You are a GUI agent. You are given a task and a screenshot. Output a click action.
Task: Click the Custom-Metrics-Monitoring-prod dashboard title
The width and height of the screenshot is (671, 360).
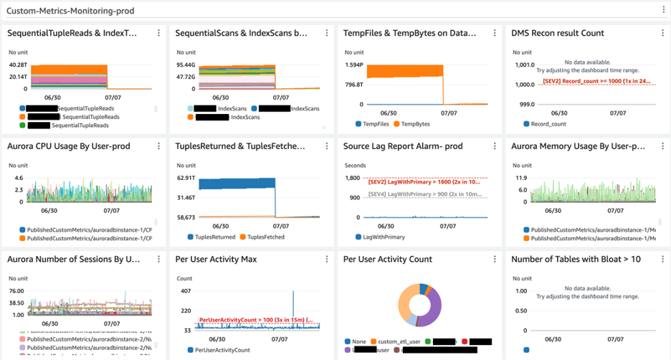[x=70, y=11]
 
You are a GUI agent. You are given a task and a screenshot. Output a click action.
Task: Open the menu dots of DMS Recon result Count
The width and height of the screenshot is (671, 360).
[x=662, y=33]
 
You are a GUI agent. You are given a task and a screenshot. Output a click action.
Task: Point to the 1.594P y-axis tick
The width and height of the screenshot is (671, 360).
[x=354, y=65]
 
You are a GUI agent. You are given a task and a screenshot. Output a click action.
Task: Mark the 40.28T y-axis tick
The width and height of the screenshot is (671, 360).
[x=18, y=65]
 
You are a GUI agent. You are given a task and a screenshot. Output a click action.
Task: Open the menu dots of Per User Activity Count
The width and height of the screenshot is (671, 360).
[x=494, y=259]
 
